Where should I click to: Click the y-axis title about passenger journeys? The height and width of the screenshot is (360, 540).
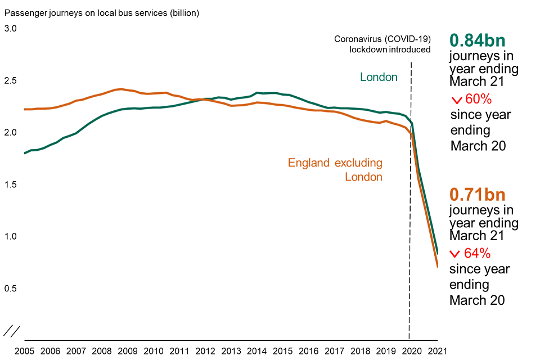point(101,11)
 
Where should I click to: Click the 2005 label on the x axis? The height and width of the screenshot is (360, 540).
point(25,352)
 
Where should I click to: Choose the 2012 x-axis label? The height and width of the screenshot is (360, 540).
point(205,352)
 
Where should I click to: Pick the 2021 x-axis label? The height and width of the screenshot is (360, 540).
point(438,352)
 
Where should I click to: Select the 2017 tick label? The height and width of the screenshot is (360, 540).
point(335,352)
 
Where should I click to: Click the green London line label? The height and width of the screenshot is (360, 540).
point(379,77)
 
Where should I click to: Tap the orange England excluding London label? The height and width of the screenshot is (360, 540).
point(335,170)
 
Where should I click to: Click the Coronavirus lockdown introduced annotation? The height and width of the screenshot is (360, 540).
point(382,44)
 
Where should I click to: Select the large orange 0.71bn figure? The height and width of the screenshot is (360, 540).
point(477,195)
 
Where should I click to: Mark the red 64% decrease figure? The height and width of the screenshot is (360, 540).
point(478,253)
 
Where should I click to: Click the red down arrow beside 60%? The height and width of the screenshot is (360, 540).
point(456,101)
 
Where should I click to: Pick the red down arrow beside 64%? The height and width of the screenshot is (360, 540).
point(456,254)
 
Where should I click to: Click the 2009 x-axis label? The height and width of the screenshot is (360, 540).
point(128,352)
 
